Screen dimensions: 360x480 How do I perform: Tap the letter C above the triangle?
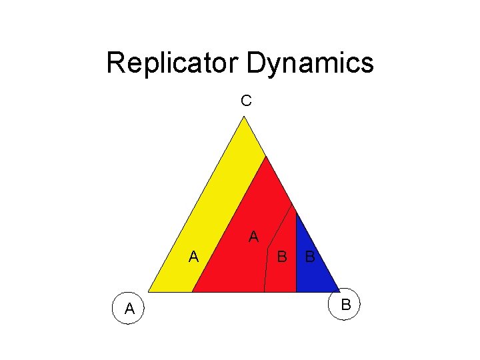point(246,101)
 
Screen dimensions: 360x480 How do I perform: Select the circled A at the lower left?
point(129,308)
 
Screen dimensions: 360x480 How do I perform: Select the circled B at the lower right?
point(345,305)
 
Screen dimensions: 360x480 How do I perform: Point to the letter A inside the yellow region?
point(193,256)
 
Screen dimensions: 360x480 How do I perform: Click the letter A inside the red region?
point(253,237)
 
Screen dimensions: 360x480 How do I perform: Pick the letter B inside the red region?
point(282,256)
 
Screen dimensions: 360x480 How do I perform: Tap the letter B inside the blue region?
point(310,256)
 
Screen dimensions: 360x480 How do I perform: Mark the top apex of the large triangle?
point(245,117)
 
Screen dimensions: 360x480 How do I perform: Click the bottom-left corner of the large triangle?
point(148,292)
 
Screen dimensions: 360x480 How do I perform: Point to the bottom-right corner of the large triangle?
point(341,292)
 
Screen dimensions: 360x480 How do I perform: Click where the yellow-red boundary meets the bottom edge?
point(192,292)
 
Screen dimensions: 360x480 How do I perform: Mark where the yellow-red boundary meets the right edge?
point(266,156)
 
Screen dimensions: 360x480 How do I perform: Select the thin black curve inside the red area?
point(269,253)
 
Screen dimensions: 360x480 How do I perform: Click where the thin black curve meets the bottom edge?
point(264,292)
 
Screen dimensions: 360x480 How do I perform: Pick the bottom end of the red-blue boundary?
point(296,292)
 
